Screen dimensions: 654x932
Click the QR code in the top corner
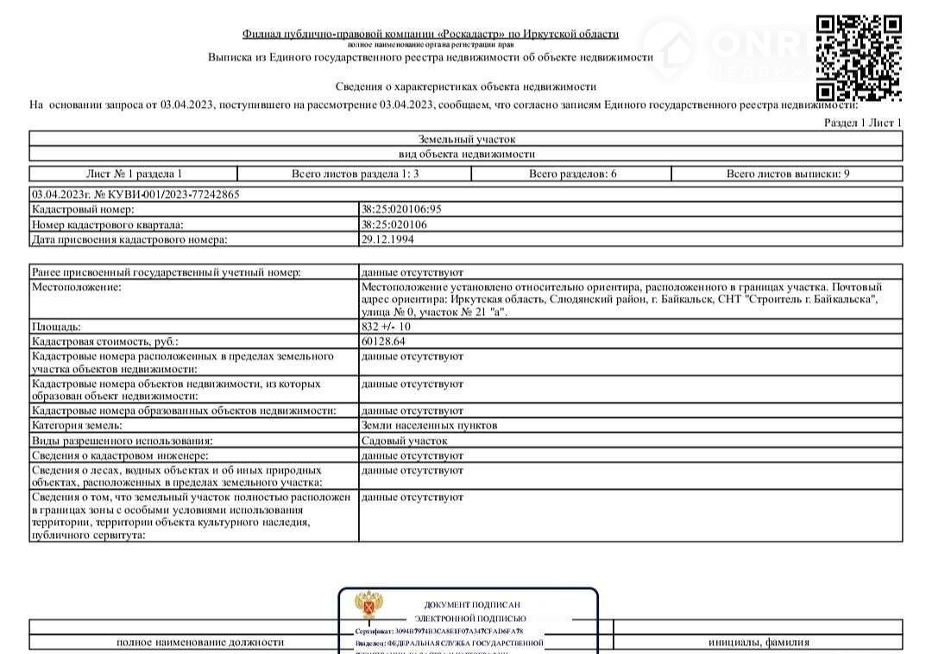859,59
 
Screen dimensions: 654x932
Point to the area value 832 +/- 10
387,327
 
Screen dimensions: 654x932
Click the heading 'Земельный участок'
467,138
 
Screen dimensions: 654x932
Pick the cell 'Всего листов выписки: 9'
787,174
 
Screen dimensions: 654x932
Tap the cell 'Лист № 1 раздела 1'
134,174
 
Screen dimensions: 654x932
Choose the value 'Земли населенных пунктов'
429,425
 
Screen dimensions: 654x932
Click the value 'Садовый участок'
405,441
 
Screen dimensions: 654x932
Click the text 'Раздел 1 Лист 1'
862,123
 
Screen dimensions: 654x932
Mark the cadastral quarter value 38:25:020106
394,225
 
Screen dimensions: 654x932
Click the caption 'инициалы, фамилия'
759,642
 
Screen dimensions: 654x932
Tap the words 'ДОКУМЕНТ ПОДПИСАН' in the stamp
472,605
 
